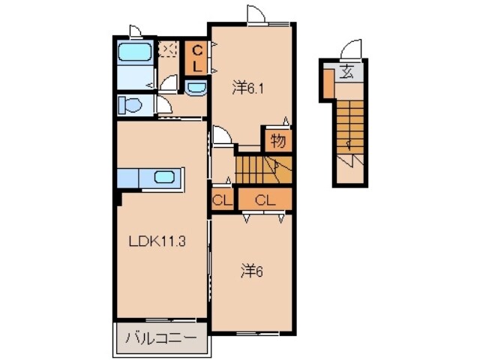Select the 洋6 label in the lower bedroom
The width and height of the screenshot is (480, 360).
click(250, 271)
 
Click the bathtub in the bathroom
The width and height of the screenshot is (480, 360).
click(136, 53)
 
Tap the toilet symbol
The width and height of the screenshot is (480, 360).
click(130, 104)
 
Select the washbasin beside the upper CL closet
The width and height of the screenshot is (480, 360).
click(196, 88)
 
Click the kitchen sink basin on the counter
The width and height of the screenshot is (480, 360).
click(165, 178)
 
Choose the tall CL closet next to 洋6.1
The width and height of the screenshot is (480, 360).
click(196, 57)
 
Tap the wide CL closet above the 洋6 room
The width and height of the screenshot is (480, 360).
click(262, 199)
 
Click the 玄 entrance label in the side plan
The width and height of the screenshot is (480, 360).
click(347, 73)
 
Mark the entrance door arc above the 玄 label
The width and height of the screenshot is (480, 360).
click(349, 49)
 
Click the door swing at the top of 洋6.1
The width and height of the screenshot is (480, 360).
click(255, 15)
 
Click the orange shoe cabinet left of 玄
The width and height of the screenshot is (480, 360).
click(328, 82)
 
